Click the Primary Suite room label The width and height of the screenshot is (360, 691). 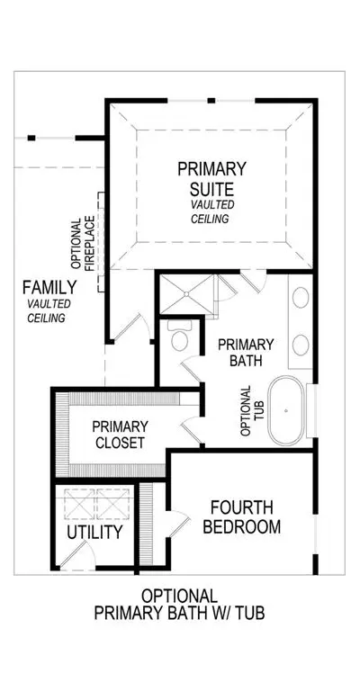coord(211,179)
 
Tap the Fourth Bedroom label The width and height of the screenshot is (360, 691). coord(241,517)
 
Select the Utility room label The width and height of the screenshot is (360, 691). coord(94,532)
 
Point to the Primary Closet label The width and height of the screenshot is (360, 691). coord(120,434)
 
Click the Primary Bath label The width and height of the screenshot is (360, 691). coord(246,352)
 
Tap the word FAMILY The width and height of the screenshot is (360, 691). coord(49,288)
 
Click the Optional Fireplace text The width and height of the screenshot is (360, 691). coord(83,242)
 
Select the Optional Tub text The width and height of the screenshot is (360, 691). coord(253,410)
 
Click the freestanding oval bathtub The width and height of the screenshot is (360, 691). coord(286,410)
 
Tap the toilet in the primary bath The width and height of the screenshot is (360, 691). coord(179,336)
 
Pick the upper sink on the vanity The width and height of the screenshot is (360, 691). coord(301,298)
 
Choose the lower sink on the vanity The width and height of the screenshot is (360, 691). coord(301,345)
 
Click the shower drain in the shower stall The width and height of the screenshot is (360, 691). coord(186,294)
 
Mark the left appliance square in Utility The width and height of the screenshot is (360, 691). coord(79,503)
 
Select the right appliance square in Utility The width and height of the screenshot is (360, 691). coord(112,503)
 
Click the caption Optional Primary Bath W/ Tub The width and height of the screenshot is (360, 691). coord(180,605)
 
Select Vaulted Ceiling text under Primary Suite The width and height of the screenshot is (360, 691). coord(211,211)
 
